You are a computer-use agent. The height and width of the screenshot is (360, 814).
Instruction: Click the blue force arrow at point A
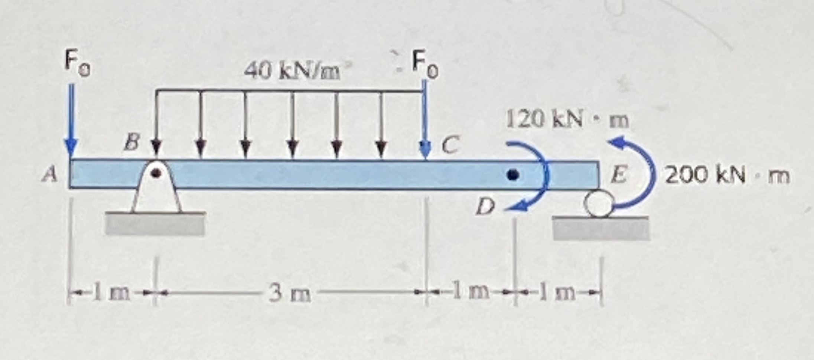pyautogui.click(x=71, y=121)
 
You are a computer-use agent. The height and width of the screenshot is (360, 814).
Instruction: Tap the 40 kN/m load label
pyautogui.click(x=292, y=71)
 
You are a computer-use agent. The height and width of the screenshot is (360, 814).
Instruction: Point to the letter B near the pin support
pyautogui.click(x=133, y=142)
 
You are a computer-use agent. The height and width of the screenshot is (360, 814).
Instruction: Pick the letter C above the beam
pyautogui.click(x=450, y=144)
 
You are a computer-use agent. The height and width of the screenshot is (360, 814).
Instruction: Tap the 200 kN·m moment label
pyautogui.click(x=727, y=176)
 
